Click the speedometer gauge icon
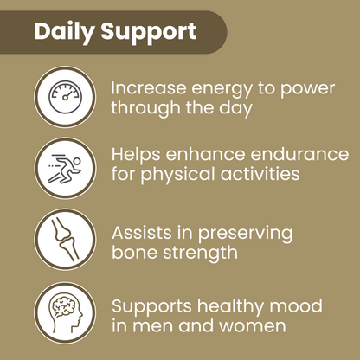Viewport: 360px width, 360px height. coord(65,96)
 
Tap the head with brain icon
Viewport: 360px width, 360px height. coord(65,314)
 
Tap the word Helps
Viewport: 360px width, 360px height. coord(138,154)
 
